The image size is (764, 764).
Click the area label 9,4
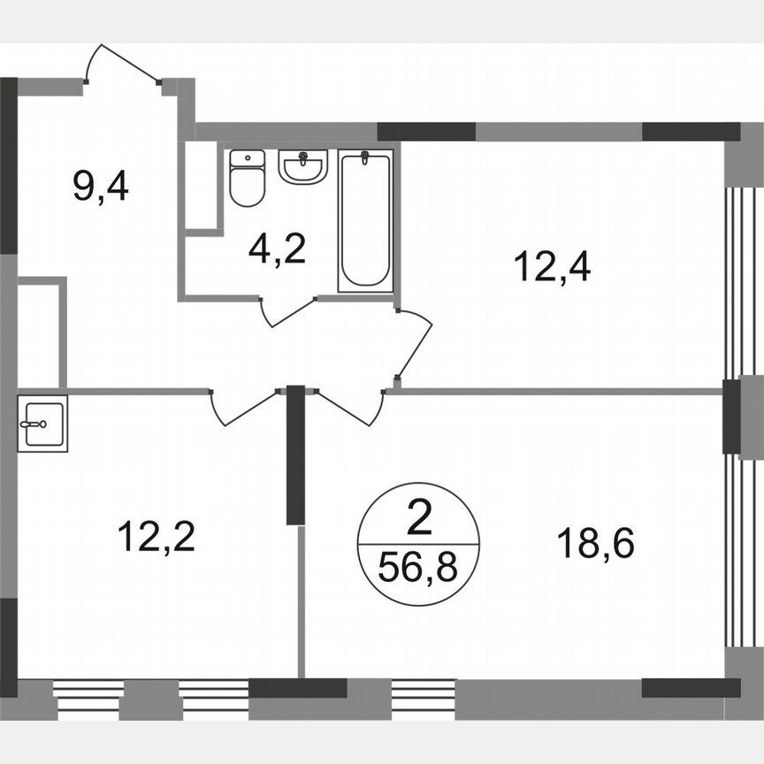[100, 187]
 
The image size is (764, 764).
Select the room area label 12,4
[552, 265]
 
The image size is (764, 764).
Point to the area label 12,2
[156, 536]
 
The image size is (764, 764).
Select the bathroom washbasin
[302, 166]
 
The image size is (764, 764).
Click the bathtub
[365, 218]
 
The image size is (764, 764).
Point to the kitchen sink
[42, 424]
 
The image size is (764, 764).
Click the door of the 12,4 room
[416, 345]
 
